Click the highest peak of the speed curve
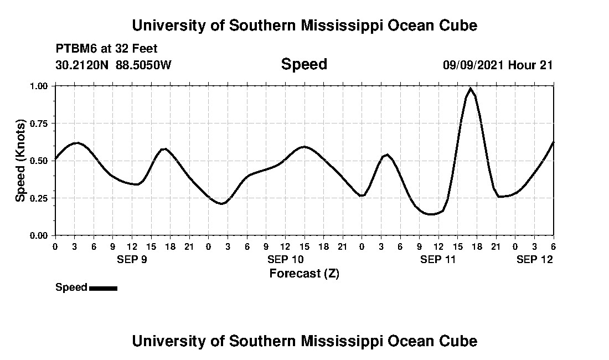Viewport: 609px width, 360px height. [471, 89]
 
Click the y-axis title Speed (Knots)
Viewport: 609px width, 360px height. [20, 160]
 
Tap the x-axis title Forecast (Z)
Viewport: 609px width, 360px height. [304, 273]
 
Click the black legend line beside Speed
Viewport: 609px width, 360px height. [103, 288]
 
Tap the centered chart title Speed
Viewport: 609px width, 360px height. [304, 64]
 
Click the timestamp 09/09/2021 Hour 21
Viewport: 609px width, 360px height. [498, 65]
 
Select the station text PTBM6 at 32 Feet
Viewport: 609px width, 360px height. [106, 49]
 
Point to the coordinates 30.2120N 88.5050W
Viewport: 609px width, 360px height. [113, 65]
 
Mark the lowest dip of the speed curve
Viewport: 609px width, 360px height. [431, 214]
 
